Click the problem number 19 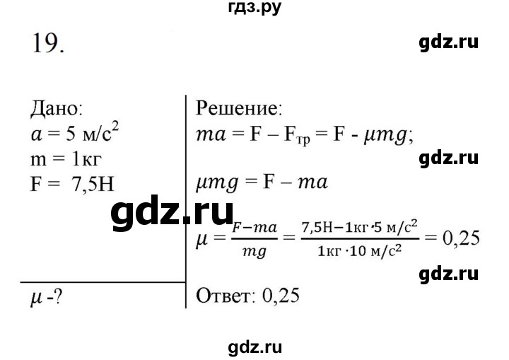pyautogui.click(x=48, y=44)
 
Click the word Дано pyautogui.click(x=57, y=108)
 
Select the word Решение pyautogui.click(x=239, y=108)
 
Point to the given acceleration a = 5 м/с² pyautogui.click(x=75, y=133)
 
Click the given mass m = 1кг pyautogui.click(x=66, y=159)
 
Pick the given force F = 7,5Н pyautogui.click(x=72, y=184)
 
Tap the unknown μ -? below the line pyautogui.click(x=46, y=297)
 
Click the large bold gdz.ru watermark pyautogui.click(x=172, y=213)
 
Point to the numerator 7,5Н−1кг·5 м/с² pyautogui.click(x=360, y=228)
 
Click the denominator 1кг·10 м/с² pyautogui.click(x=360, y=251)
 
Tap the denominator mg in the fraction pyautogui.click(x=255, y=252)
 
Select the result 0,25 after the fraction pyautogui.click(x=461, y=238)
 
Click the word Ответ pyautogui.click(x=223, y=296)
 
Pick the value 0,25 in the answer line pyautogui.click(x=281, y=296)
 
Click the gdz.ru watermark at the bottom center pyautogui.click(x=255, y=348)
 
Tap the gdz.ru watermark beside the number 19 pyautogui.click(x=449, y=42)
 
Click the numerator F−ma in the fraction pyautogui.click(x=255, y=228)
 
